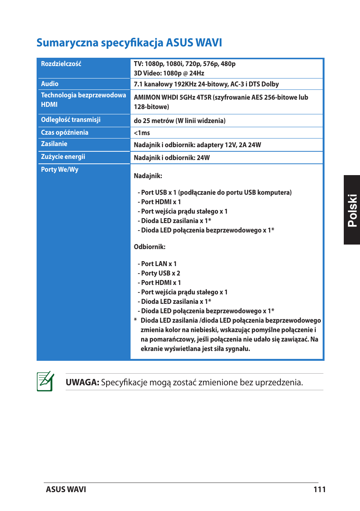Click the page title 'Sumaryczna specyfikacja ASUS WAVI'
pyautogui.click(x=129, y=43)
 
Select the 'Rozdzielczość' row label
pyautogui.click(x=61, y=64)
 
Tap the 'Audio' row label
pyautogui.click(x=50, y=84)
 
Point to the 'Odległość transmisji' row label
pyautogui.click(x=71, y=120)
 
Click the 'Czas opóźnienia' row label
pyautogui.click(x=65, y=132)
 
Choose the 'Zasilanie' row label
pyautogui.click(x=54, y=144)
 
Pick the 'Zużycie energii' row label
pyautogui.click(x=63, y=157)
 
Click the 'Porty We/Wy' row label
pyautogui.click(x=60, y=169)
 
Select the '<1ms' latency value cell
pyautogui.click(x=142, y=133)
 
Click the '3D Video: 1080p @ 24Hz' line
pyautogui.click(x=169, y=73)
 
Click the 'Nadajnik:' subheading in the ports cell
pyautogui.click(x=148, y=176)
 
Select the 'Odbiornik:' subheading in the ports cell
pyautogui.click(x=150, y=247)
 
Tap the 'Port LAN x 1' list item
pyautogui.click(x=157, y=264)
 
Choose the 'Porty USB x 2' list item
pyautogui.click(x=159, y=273)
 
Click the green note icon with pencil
pyautogui.click(x=45, y=381)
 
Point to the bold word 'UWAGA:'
pyautogui.click(x=82, y=382)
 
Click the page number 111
pyautogui.click(x=319, y=489)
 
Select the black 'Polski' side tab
pyautogui.click(x=352, y=210)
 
